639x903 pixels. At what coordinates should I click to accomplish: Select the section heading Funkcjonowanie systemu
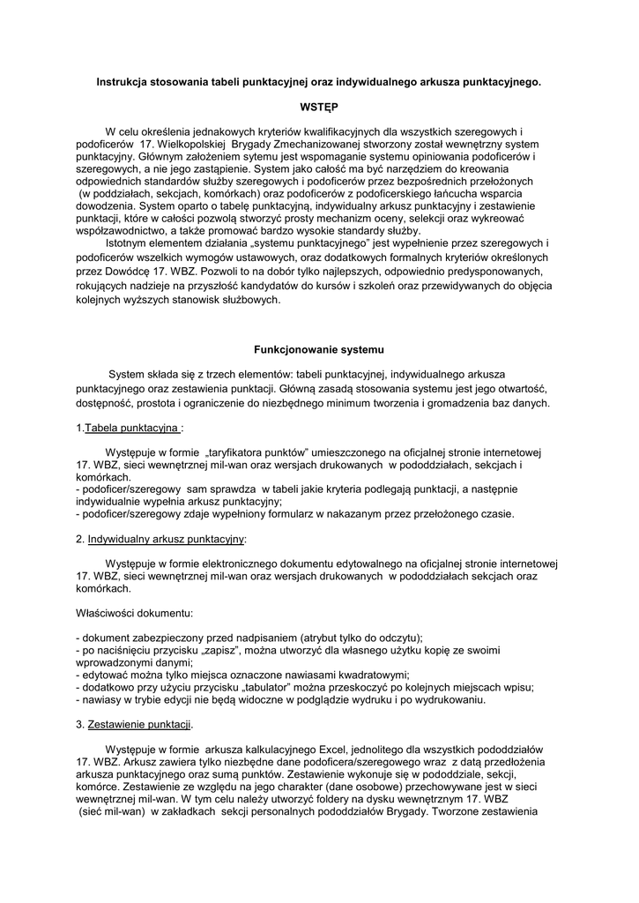pyautogui.click(x=318, y=348)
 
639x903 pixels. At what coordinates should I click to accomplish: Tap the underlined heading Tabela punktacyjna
pyautogui.click(x=133, y=429)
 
